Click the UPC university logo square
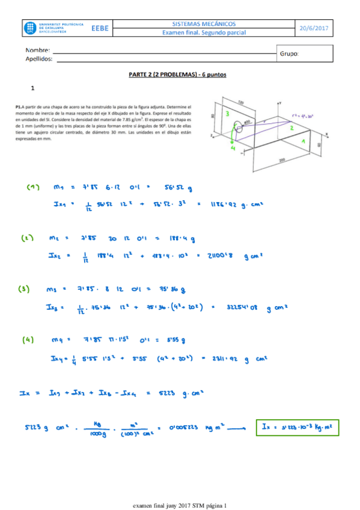point(31,28)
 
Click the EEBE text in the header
point(100,28)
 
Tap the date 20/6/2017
point(316,28)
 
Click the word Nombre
point(37,50)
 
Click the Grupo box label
point(289,54)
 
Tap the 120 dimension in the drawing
point(241,102)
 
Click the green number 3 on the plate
point(227,113)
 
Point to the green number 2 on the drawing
point(291,128)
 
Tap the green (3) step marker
point(25,289)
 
